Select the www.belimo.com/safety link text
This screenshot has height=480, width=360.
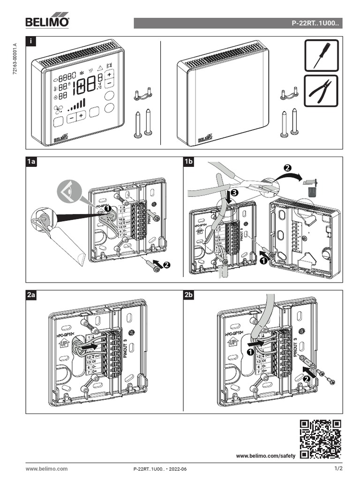pos(266,456)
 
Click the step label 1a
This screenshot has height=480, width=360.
pos(31,162)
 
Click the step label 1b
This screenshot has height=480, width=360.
pos(189,162)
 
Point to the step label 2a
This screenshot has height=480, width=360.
pos(31,295)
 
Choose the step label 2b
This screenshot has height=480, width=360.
pos(189,295)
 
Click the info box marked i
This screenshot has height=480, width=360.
pos(31,42)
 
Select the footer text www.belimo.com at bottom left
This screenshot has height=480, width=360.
pos(46,468)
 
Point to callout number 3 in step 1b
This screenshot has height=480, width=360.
pos(234,192)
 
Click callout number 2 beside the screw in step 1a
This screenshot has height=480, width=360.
pos(165,265)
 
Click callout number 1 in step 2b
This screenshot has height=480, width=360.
pos(250,350)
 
